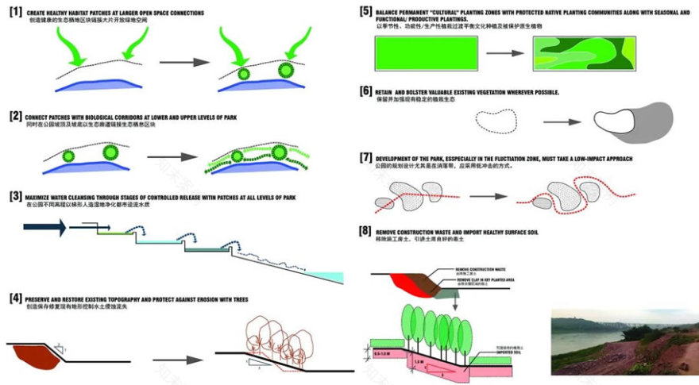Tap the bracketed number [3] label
coord(14,195)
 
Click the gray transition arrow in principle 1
coord(184,61)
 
